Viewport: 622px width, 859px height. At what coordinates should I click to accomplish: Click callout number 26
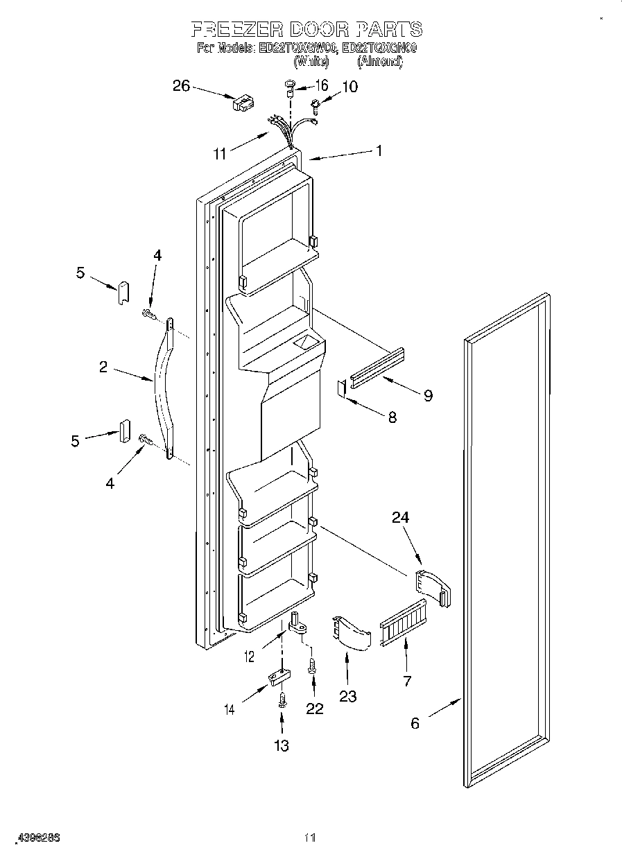(180, 85)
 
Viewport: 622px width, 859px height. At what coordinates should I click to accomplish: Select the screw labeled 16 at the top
(290, 87)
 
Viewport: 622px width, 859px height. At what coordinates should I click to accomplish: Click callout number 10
(350, 87)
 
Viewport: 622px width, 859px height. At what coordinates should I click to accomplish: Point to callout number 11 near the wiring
(219, 154)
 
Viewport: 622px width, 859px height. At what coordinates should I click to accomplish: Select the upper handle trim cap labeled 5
(123, 292)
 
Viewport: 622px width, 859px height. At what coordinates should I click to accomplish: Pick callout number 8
(392, 417)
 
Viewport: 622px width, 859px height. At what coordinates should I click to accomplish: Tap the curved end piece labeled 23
(351, 631)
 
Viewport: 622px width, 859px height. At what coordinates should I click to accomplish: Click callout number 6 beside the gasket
(415, 723)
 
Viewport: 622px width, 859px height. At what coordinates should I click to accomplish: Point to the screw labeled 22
(311, 668)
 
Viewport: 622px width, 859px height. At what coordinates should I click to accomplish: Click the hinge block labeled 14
(277, 677)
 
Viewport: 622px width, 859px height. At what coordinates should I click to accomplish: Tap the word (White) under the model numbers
(310, 61)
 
